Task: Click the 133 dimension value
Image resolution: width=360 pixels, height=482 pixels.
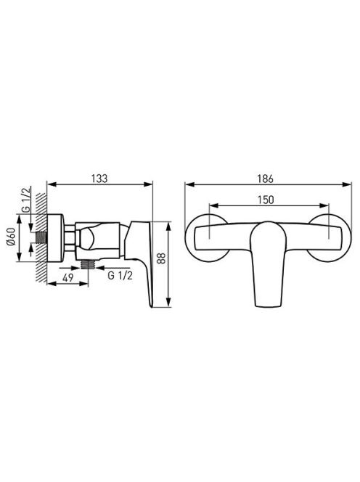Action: point(99,179)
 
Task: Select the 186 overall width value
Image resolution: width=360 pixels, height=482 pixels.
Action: point(266,179)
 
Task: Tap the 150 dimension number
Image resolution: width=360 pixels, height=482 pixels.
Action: point(266,200)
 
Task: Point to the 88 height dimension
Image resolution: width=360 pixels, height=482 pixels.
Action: point(161,258)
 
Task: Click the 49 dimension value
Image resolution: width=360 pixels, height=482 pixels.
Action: point(67,277)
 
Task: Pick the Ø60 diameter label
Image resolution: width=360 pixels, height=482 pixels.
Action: point(11,237)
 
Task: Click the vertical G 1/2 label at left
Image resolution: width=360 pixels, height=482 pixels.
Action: point(27,200)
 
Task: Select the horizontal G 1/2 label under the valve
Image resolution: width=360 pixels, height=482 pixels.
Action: point(120,275)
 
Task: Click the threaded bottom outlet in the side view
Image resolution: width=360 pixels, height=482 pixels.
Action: point(88,264)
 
